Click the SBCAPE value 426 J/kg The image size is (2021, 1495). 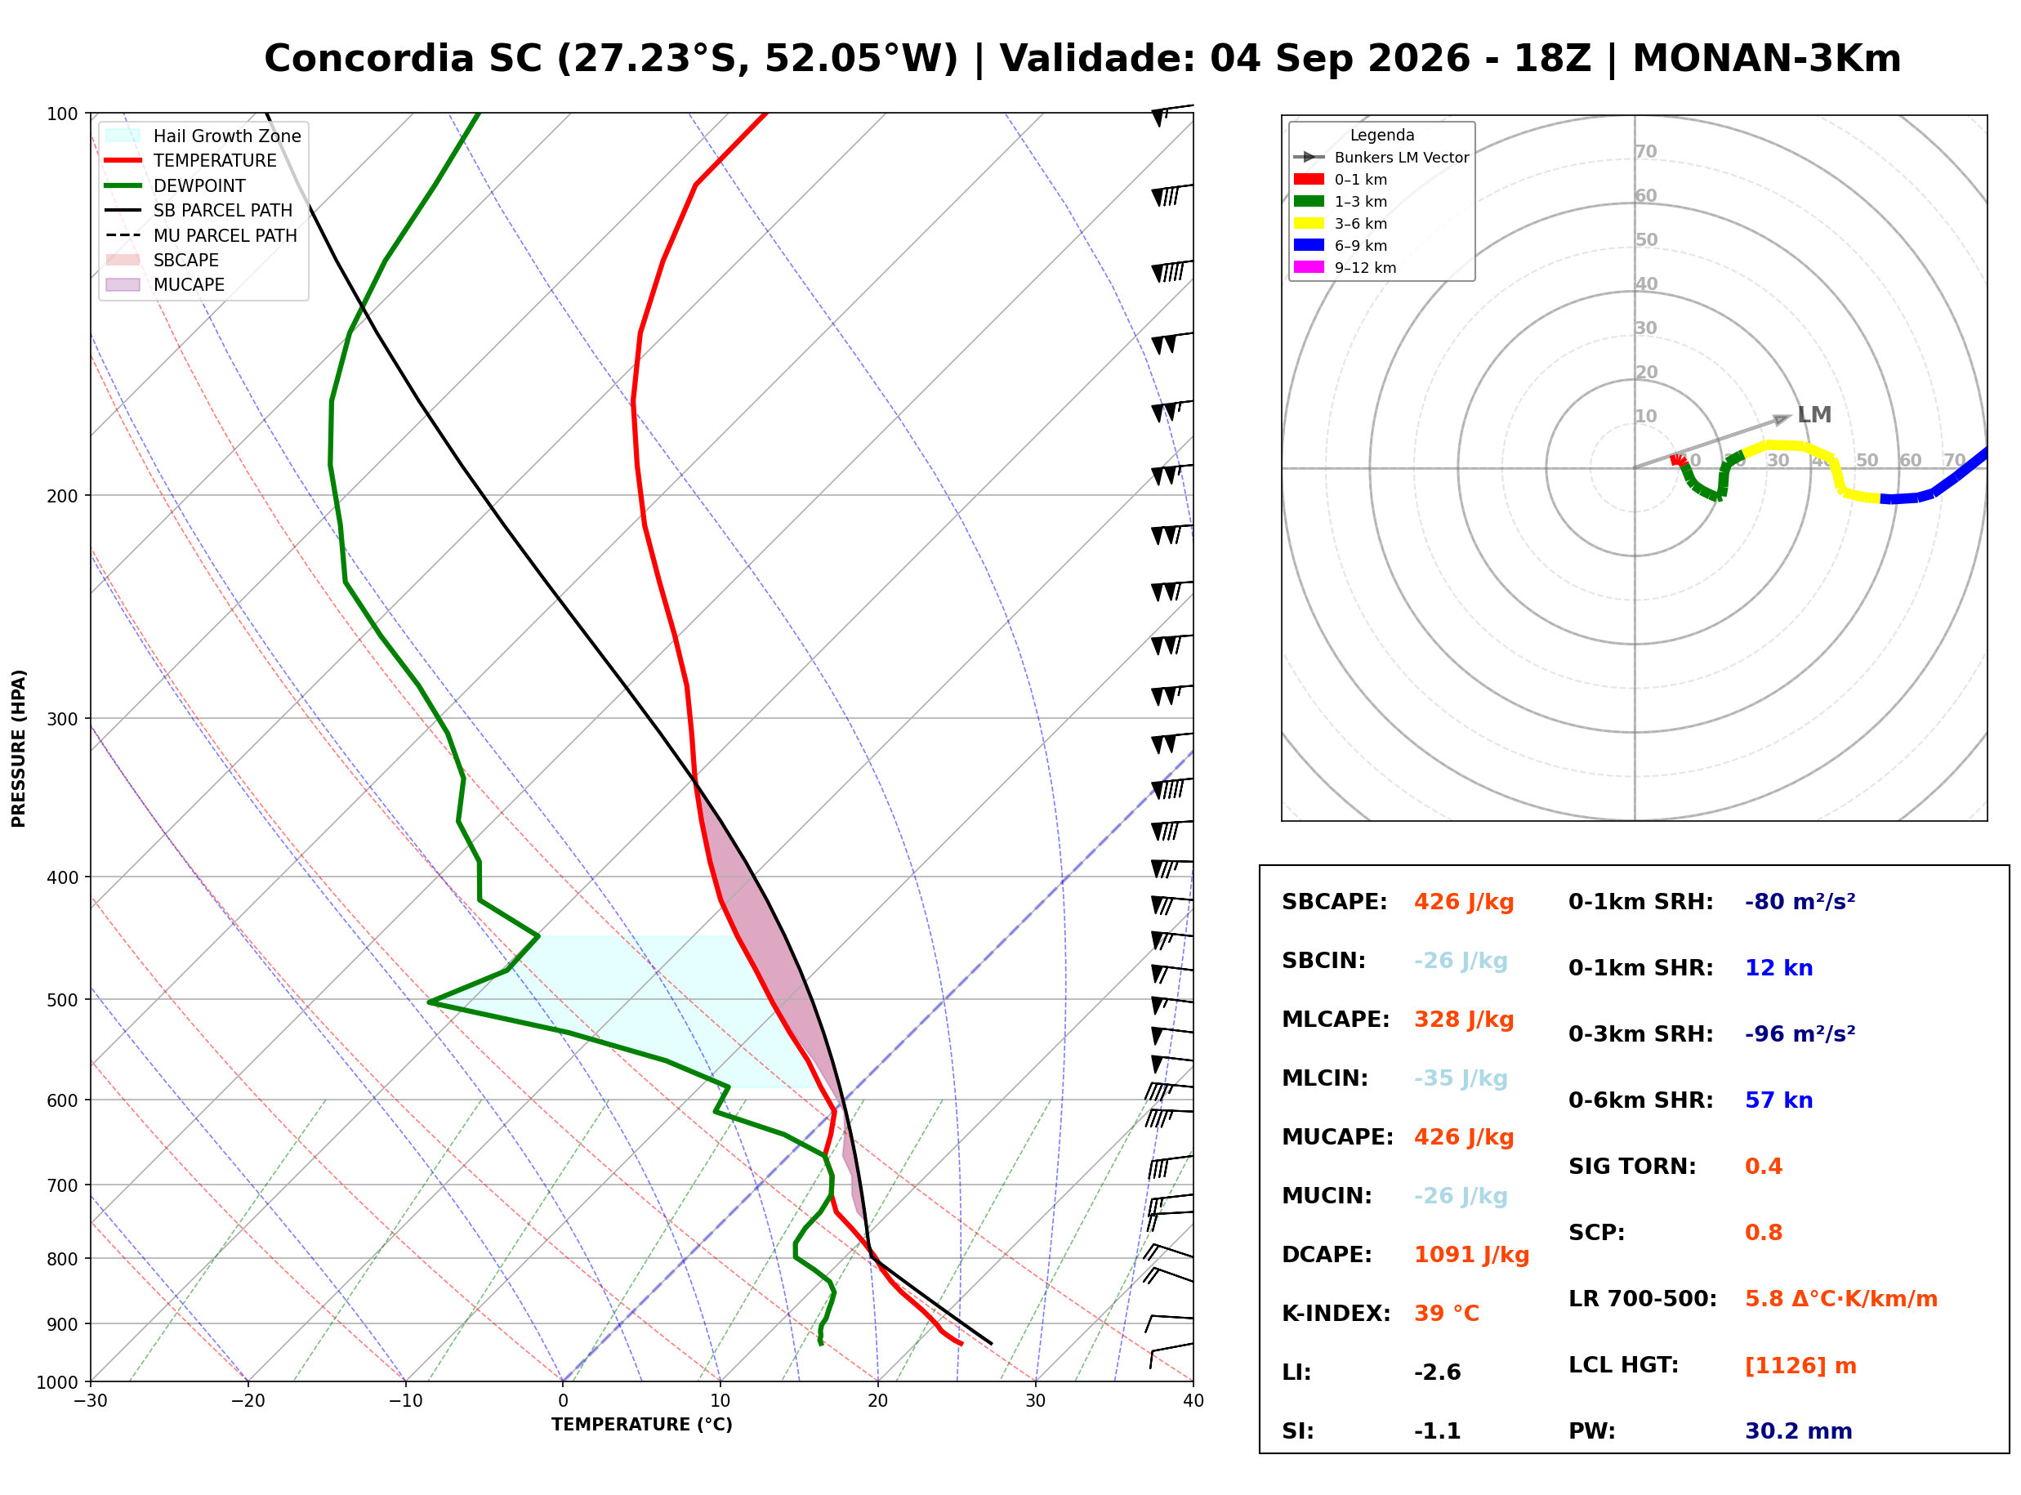(x=1464, y=902)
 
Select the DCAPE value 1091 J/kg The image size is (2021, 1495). (x=1471, y=1255)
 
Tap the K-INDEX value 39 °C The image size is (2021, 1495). (x=1447, y=1314)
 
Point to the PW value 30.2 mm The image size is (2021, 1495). (x=1799, y=1431)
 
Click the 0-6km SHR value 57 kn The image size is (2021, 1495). (x=1778, y=1100)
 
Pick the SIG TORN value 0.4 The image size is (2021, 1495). (x=1763, y=1167)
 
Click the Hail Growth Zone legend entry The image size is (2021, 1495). (x=203, y=136)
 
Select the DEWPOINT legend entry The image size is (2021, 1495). (x=176, y=185)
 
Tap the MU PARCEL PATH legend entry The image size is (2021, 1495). (x=201, y=235)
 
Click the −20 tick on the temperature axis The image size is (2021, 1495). (x=248, y=1401)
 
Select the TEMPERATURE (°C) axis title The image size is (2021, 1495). (x=642, y=1426)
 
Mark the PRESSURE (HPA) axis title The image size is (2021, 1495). (x=19, y=748)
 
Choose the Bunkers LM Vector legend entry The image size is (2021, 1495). (x=1381, y=158)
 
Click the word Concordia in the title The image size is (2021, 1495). (x=369, y=59)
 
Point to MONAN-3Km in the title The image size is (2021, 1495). (x=1767, y=59)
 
